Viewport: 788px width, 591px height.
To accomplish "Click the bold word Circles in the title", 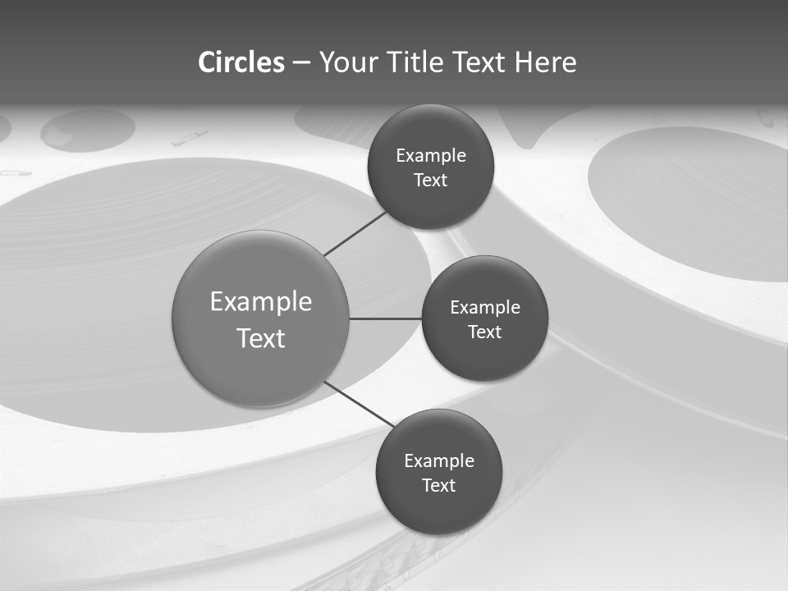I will (x=241, y=62).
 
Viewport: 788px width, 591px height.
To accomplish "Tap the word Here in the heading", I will (x=545, y=62).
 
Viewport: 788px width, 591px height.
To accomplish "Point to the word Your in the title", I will (x=348, y=62).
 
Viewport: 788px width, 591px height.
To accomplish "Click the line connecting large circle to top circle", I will (x=356, y=233).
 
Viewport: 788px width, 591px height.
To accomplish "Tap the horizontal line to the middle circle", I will (x=386, y=318).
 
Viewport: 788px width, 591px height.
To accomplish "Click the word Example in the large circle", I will (x=261, y=302).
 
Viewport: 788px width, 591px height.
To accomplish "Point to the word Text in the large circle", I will (x=261, y=338).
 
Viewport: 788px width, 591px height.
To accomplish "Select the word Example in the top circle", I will (x=431, y=156).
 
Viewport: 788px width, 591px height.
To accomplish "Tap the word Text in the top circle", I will (x=430, y=181).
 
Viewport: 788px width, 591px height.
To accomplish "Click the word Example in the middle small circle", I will (x=485, y=308).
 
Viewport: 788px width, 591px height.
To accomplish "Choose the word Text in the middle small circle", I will (x=484, y=332).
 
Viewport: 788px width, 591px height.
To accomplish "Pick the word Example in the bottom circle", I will (x=439, y=461).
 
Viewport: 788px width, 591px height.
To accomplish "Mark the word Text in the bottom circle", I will (x=438, y=486).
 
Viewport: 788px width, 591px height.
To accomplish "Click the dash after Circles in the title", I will (x=300, y=63).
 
